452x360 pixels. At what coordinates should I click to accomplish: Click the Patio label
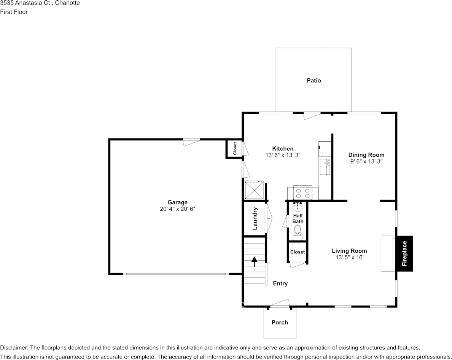coord(314,80)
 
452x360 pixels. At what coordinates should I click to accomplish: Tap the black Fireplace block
coord(404,254)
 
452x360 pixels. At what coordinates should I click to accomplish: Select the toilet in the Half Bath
coord(298,233)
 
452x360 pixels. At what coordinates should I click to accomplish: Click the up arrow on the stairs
coord(254,261)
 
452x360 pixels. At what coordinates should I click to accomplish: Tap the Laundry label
coord(255,218)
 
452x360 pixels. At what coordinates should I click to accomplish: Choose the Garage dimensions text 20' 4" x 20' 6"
coord(178,209)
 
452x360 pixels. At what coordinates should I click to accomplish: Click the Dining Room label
coord(366,155)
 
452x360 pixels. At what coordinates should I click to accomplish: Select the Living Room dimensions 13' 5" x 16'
coord(349,257)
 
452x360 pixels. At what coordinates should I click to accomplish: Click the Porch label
coord(280,322)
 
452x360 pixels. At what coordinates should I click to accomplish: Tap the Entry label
coord(280,284)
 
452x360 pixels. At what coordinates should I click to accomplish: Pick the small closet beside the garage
coord(235,149)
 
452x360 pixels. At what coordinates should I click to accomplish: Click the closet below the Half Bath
coord(298,252)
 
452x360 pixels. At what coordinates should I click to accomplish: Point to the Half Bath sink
coord(298,207)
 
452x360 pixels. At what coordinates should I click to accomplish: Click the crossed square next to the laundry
coord(254,190)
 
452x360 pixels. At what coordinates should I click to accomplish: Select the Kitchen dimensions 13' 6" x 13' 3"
coord(283,155)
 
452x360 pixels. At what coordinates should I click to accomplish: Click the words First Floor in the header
coord(14,12)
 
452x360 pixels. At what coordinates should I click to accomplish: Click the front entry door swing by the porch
coord(280,303)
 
